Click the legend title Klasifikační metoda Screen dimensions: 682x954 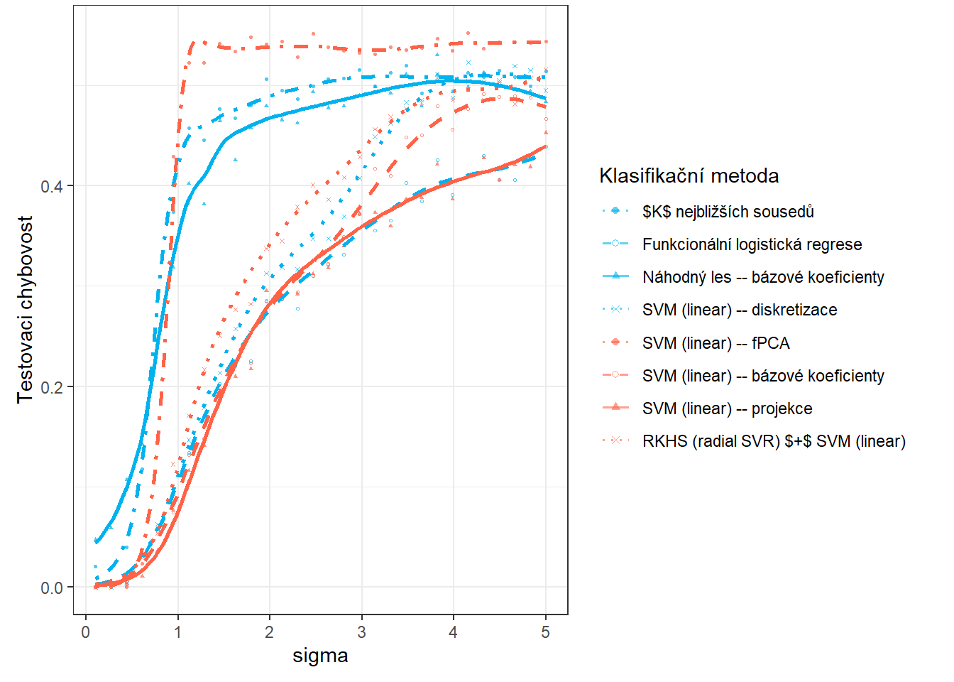(x=689, y=176)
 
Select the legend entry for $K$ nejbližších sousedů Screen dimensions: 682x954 (x=728, y=212)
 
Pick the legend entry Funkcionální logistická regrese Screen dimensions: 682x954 (x=752, y=244)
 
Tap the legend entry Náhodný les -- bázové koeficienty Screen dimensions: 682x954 (x=763, y=277)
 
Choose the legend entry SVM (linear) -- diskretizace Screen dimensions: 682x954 (x=739, y=310)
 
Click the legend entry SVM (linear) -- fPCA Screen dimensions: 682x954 (x=715, y=343)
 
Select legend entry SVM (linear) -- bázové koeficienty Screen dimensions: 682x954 (x=763, y=376)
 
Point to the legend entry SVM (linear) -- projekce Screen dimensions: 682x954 (x=727, y=408)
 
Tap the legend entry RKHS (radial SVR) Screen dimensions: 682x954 (x=774, y=441)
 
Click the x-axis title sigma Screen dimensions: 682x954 (x=320, y=656)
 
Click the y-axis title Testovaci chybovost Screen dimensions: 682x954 (x=26, y=310)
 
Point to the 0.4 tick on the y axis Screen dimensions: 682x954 (x=52, y=186)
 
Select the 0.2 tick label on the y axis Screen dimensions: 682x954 (x=52, y=387)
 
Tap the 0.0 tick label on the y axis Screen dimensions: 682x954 (x=52, y=588)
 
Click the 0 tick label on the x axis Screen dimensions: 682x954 (x=86, y=632)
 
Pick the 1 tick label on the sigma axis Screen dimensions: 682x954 (x=177, y=632)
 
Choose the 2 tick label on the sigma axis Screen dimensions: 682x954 (x=270, y=632)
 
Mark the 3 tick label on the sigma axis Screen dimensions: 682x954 (x=361, y=632)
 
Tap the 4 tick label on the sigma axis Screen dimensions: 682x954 (x=454, y=632)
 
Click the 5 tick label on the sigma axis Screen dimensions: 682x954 (x=545, y=632)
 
